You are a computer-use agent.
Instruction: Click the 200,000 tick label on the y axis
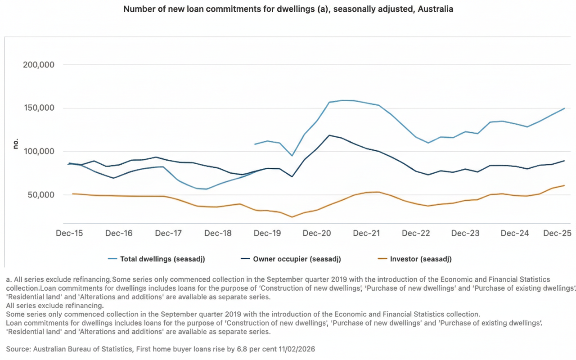click(39, 65)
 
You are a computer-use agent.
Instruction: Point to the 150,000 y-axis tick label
click(39, 108)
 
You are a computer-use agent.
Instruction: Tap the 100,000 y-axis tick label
click(39, 152)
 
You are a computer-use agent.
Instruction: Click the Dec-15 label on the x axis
click(69, 233)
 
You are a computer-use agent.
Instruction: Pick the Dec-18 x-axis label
click(218, 233)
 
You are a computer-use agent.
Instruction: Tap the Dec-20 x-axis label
click(317, 233)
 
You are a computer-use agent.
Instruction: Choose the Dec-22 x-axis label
click(416, 233)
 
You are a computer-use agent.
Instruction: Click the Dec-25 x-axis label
click(557, 233)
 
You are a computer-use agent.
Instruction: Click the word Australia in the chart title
click(435, 9)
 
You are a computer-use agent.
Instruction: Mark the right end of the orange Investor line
click(564, 185)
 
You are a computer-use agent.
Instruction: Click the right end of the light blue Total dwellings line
click(564, 108)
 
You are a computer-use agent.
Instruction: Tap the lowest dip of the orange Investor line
click(292, 217)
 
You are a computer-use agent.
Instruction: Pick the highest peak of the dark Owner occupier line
click(329, 135)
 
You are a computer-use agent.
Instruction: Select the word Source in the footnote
click(17, 349)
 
